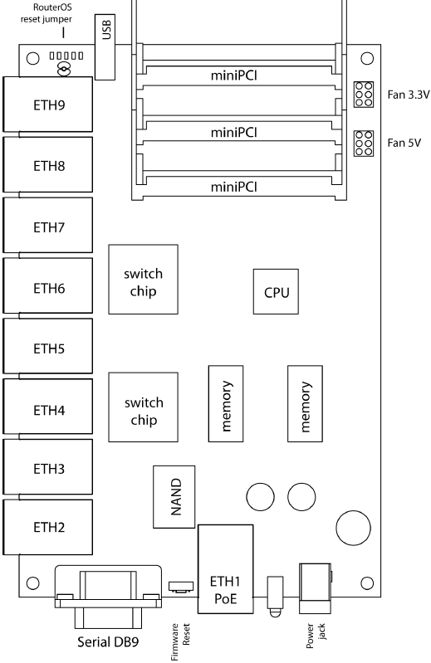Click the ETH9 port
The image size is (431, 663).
pos(48,105)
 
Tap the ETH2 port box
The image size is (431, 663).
pos(48,527)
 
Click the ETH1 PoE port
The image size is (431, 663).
pos(225,569)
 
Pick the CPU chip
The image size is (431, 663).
pos(276,292)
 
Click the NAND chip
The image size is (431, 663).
pos(174,497)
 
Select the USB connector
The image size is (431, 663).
pos(105,47)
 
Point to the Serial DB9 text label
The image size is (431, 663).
pos(108,642)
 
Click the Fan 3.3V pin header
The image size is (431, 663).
pos(364,95)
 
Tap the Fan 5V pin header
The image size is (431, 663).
pos(364,144)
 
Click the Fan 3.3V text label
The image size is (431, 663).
pos(408,95)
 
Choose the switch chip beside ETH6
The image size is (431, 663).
pos(143,279)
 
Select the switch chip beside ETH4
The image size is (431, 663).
pos(143,407)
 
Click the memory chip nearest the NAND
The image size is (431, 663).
pos(226,404)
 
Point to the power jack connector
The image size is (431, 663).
pos(315,588)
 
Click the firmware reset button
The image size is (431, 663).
pos(181,587)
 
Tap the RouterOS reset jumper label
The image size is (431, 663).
pos(47,13)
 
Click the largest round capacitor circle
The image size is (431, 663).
pos(353,528)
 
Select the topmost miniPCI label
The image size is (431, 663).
pos(234,76)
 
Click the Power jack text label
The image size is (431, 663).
pos(316,636)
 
